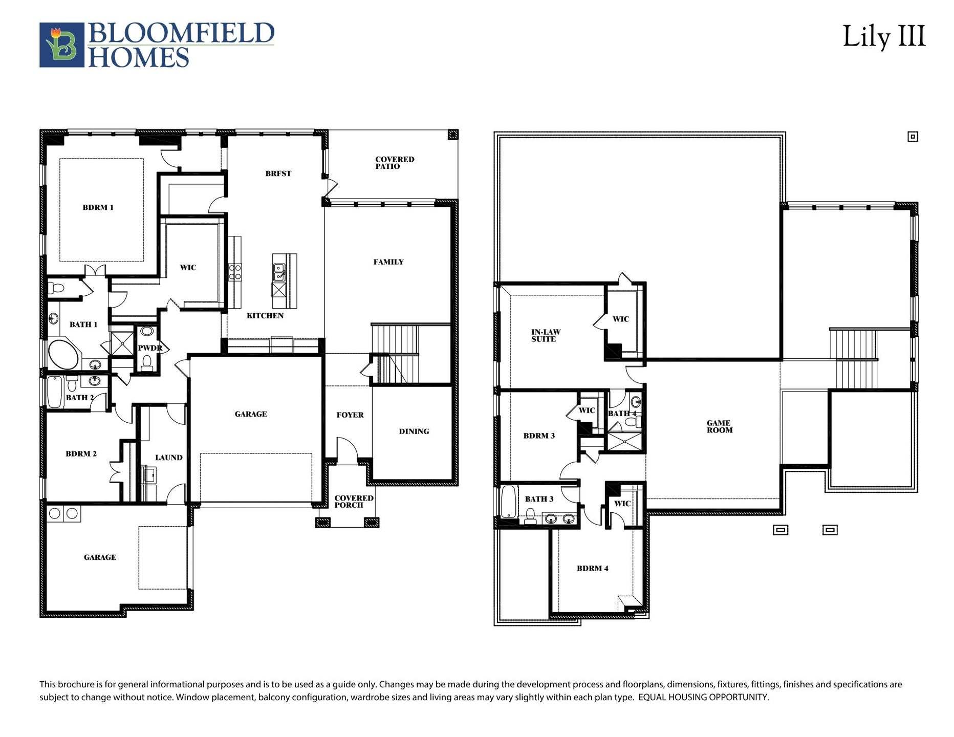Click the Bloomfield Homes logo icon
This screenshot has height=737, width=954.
point(62,45)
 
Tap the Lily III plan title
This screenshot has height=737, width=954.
point(884,37)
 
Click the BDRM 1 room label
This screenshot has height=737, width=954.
point(98,207)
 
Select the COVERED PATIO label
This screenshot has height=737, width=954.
point(394,163)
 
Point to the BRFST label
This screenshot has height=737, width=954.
point(278,174)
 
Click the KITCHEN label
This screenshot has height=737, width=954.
point(265,316)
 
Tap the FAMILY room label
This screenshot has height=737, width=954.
point(388,262)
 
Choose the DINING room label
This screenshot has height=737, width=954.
point(414,431)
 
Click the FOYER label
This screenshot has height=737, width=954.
point(350,415)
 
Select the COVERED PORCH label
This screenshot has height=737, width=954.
point(353,502)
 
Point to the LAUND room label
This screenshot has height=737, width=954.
point(168,458)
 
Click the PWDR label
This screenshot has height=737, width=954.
point(149,348)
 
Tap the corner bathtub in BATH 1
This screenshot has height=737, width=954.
point(63,354)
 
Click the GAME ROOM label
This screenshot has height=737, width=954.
point(719,426)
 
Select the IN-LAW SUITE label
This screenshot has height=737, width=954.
point(545,336)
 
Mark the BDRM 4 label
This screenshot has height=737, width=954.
point(592,568)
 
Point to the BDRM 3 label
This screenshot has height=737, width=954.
point(538,436)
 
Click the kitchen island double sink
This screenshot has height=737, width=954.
point(279,272)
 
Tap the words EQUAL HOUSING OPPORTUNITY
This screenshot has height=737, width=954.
point(703,697)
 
